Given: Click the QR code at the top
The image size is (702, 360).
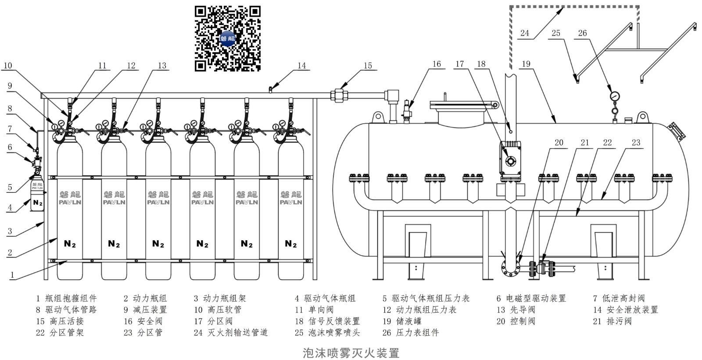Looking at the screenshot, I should pos(228,39).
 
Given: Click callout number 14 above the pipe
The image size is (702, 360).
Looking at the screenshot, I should pos(301,66).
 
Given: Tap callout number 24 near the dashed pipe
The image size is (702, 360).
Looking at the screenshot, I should pos(525,33).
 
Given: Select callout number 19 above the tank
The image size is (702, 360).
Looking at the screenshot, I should pos(526,64).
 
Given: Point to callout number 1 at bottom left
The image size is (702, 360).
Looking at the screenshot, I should pos(12,275).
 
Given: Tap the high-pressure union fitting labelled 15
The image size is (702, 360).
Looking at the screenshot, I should pos(339,95).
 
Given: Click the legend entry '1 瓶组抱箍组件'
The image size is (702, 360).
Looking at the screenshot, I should pos(66,298).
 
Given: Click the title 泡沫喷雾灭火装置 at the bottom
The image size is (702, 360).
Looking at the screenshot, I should pos(351,353).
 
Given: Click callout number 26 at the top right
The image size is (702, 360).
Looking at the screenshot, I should pos(582,33).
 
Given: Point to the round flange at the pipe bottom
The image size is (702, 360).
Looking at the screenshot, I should pos(510,267).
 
